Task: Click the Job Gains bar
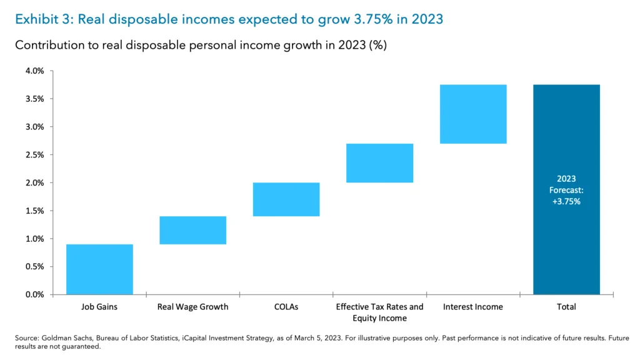(99, 269)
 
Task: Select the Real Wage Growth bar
(192, 230)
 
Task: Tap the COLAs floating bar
(286, 199)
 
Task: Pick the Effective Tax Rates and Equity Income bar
(379, 163)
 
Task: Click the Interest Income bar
(472, 114)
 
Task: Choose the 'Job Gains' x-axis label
(99, 307)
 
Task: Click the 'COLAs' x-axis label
(286, 307)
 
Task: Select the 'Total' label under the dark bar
(566, 307)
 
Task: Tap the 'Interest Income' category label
(472, 307)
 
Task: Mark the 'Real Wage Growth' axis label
(192, 307)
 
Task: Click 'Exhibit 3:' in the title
(41, 19)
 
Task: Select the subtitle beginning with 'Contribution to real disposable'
(201, 46)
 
